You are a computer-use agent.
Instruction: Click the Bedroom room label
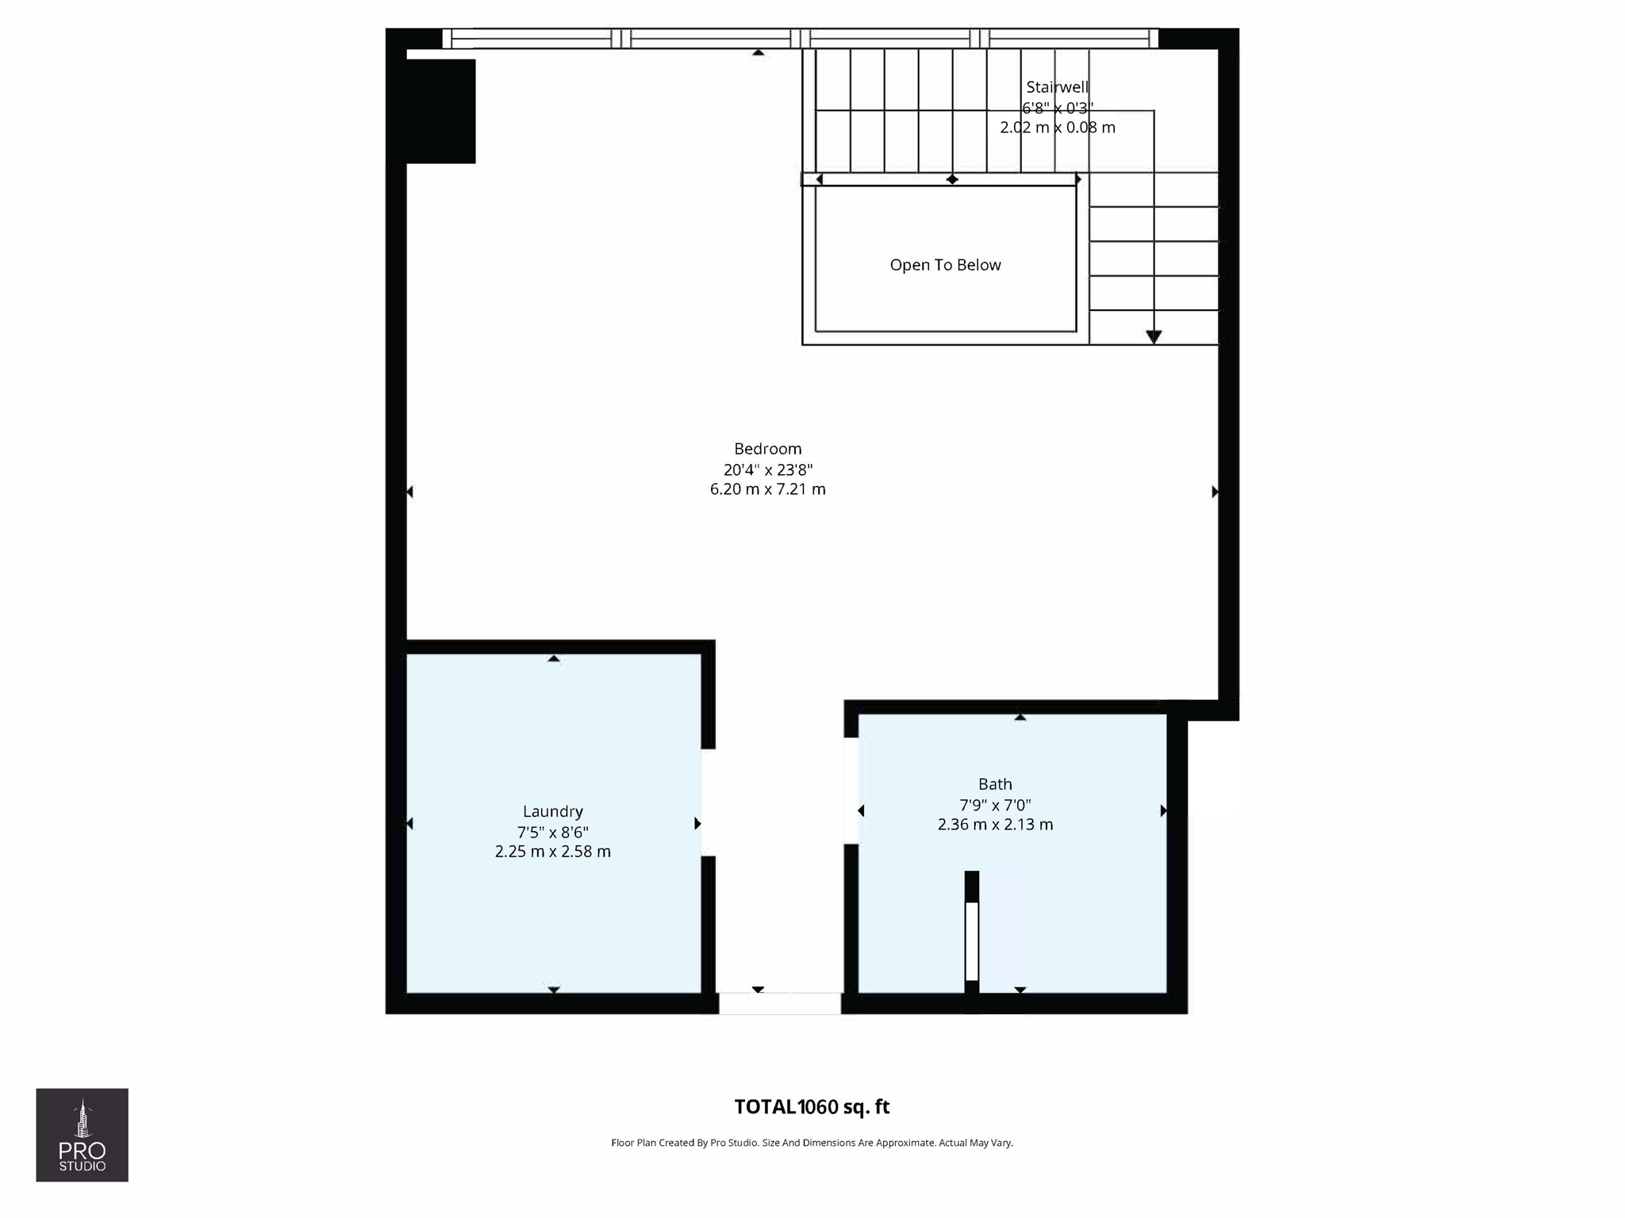point(767,449)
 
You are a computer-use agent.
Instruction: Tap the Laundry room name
point(553,811)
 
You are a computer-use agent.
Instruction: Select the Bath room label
point(995,784)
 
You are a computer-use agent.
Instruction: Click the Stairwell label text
point(1057,87)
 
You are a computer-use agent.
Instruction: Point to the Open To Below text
point(945,265)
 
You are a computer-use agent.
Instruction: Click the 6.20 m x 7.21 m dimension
point(767,489)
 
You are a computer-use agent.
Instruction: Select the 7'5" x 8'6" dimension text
point(553,832)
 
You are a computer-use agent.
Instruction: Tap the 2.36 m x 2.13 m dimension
point(995,825)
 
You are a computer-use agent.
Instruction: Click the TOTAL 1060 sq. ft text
point(812,1107)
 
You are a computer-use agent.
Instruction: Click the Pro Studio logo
point(82,1135)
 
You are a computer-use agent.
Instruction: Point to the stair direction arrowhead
point(1154,337)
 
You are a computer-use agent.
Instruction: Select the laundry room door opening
point(708,802)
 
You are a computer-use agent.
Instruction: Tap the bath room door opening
point(851,791)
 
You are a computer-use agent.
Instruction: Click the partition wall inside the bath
point(972,940)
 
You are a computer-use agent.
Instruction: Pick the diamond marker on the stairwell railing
point(952,180)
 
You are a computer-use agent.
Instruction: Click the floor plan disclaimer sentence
point(812,1143)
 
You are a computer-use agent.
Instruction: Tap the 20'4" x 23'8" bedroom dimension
point(767,469)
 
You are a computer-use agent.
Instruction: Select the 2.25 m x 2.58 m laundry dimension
point(553,852)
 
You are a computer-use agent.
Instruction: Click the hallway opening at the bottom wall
point(780,1003)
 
